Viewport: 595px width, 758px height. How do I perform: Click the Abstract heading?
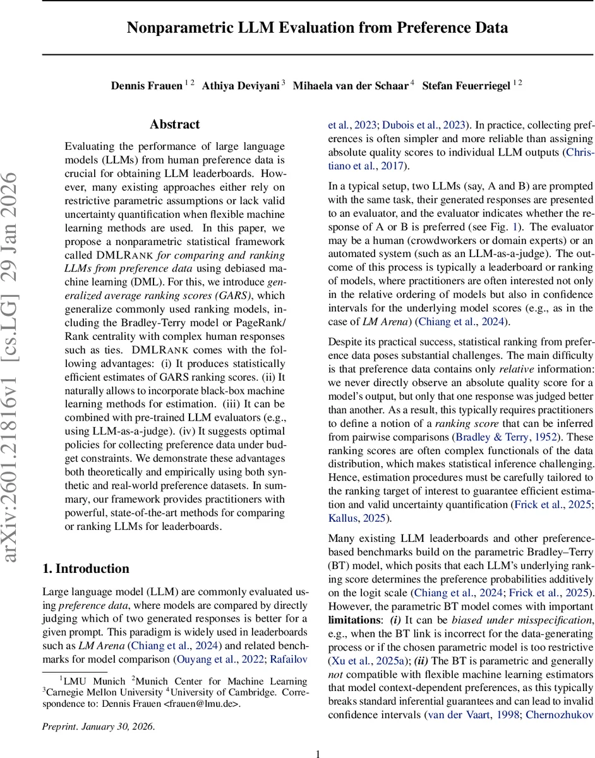click(175, 124)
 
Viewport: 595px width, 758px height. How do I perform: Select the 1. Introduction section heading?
click(86, 568)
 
